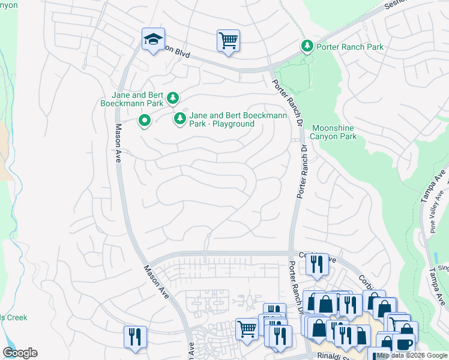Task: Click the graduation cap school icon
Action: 153,40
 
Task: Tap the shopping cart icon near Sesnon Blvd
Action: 228,41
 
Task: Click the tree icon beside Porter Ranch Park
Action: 307,46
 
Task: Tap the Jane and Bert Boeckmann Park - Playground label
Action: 222,119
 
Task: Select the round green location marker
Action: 145,121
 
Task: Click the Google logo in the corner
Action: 20,353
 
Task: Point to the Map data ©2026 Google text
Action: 412,355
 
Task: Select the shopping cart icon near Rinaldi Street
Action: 247,329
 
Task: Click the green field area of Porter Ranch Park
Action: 295,81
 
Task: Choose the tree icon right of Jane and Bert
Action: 173,98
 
